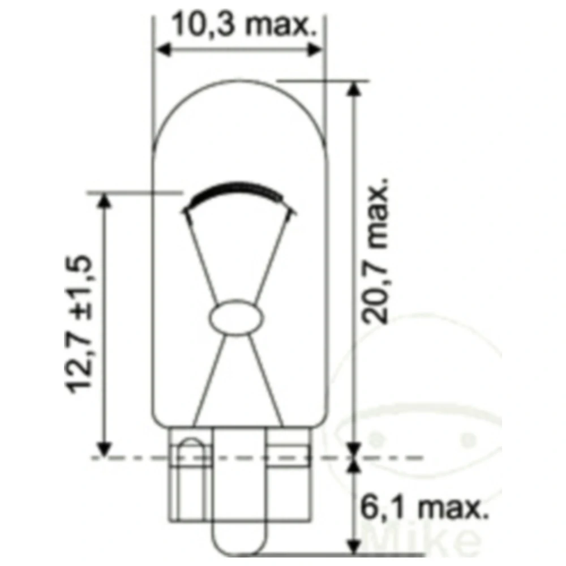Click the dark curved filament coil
(x=238, y=190)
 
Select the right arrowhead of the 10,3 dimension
(x=315, y=49)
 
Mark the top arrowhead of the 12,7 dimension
(x=103, y=200)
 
